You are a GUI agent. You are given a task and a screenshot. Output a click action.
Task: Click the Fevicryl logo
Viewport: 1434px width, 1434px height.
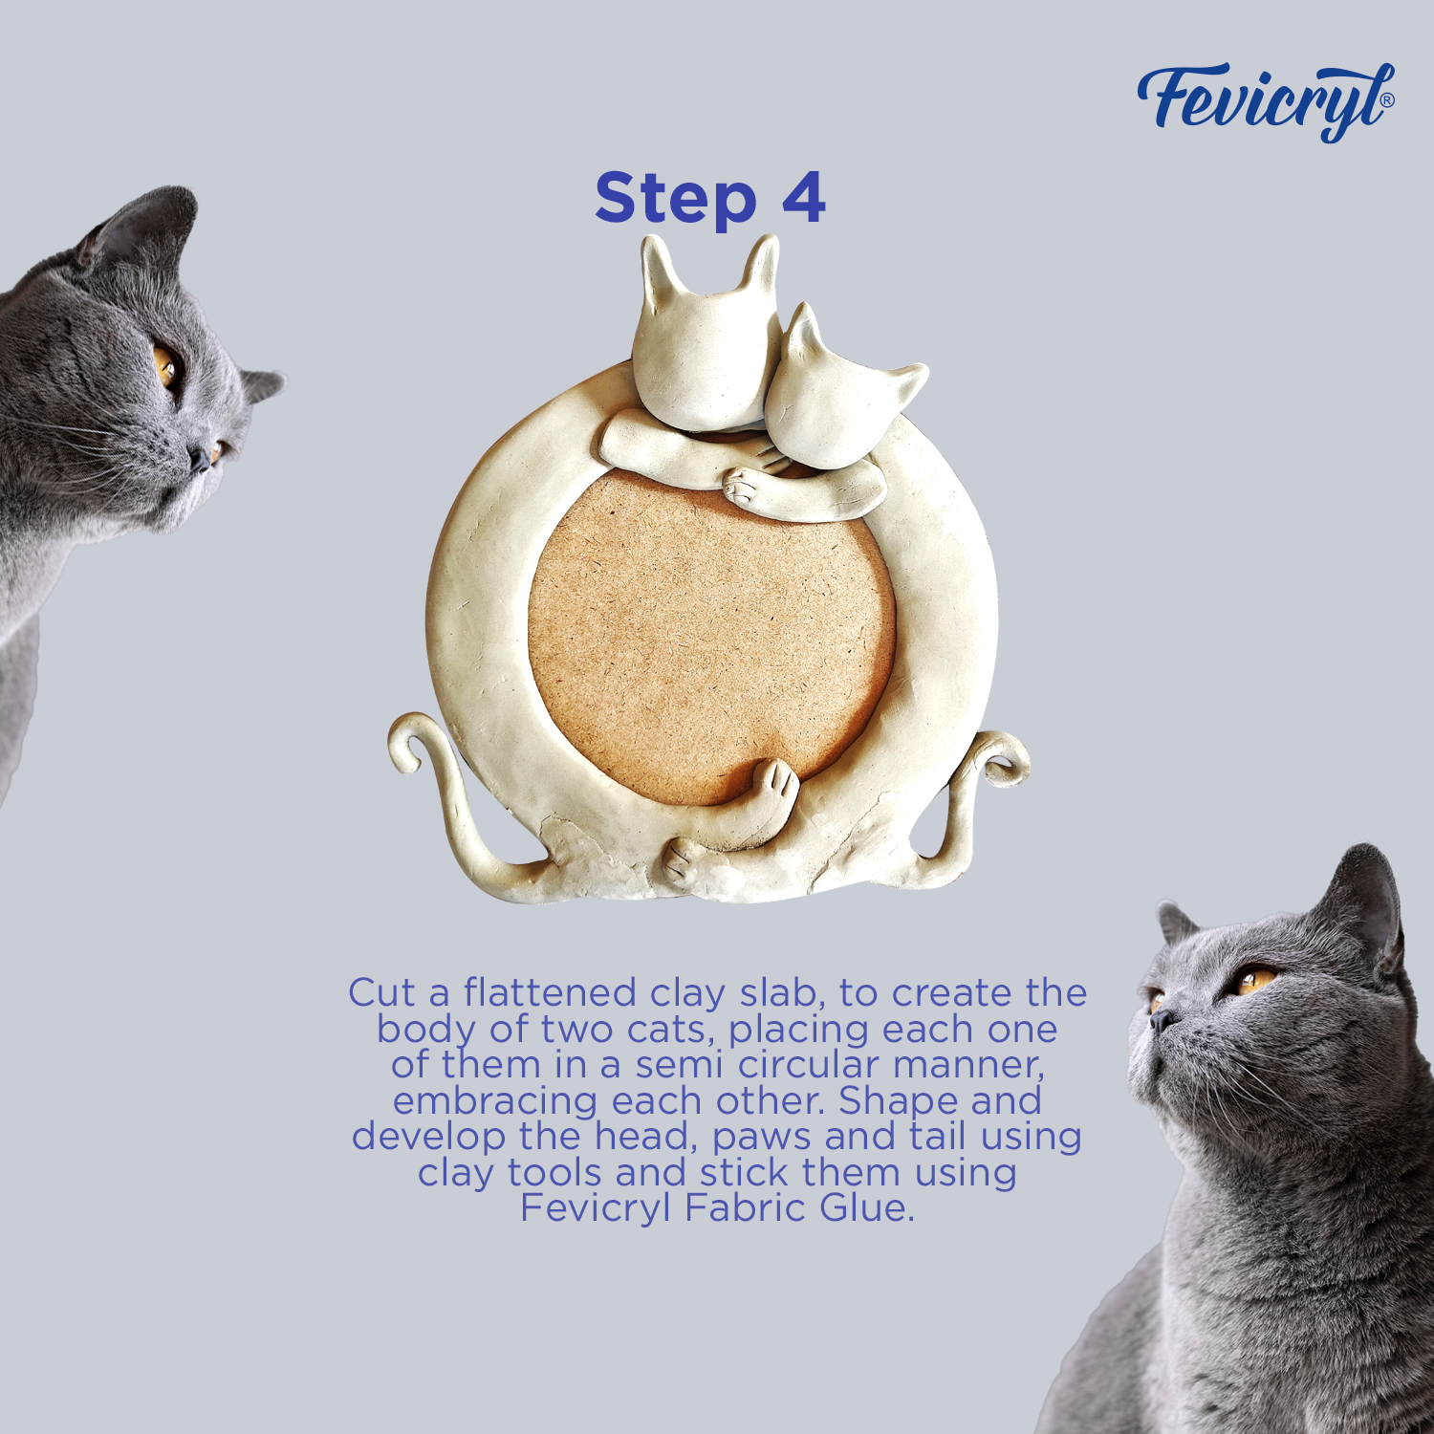(1265, 101)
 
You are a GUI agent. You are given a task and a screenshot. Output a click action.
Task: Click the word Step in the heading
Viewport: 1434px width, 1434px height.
(675, 199)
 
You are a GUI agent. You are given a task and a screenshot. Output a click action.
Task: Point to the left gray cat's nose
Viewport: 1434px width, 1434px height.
(200, 462)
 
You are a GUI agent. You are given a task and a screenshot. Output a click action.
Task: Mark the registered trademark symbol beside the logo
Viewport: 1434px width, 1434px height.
(1387, 99)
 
